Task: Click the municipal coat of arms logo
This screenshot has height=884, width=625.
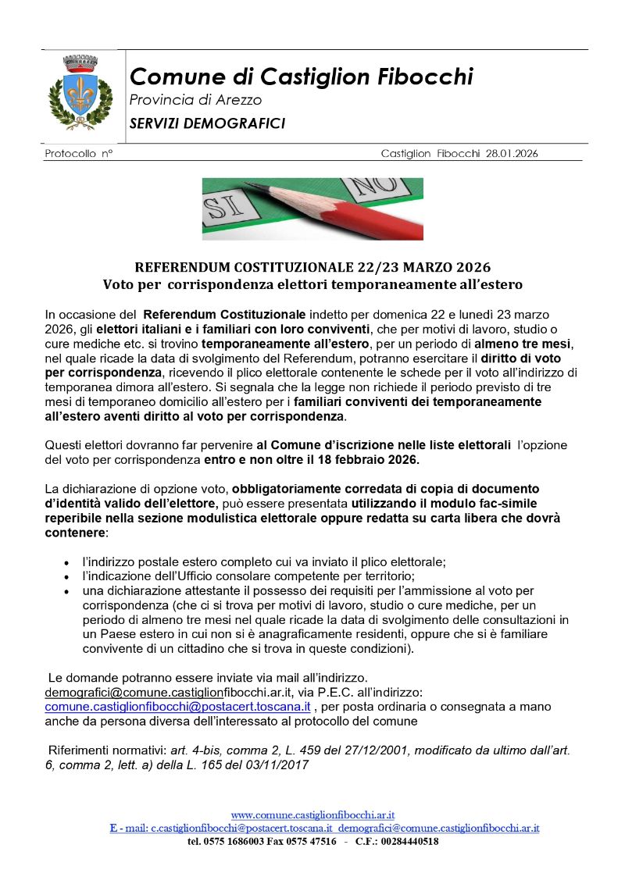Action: click(x=80, y=91)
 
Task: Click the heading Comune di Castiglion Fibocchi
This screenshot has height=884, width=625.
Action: click(x=301, y=77)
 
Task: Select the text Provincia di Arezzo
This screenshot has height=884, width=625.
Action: click(x=195, y=100)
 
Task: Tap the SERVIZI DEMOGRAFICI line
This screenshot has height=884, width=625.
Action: click(x=207, y=123)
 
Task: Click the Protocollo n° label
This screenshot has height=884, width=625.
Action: click(x=79, y=154)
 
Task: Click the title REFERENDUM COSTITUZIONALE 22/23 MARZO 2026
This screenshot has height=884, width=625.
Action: click(x=312, y=267)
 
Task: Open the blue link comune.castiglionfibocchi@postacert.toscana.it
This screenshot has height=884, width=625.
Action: click(x=177, y=706)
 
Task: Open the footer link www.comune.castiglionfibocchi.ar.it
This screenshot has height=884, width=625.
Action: click(x=312, y=815)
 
